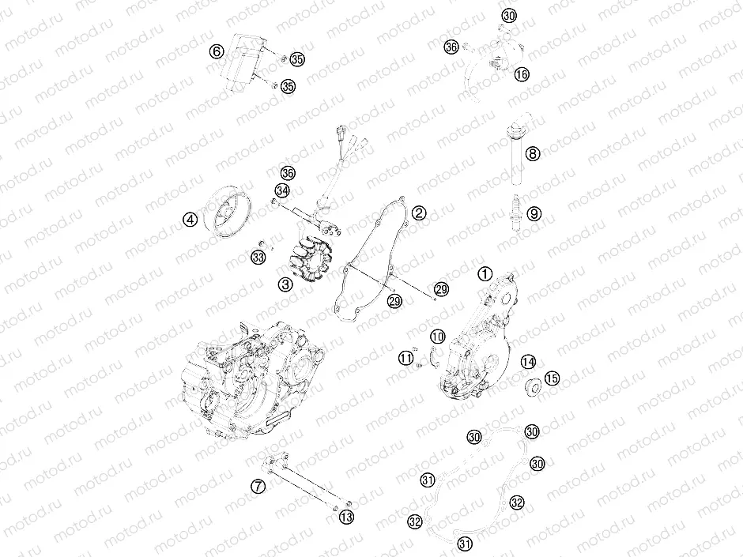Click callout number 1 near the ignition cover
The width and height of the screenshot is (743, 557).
(485, 273)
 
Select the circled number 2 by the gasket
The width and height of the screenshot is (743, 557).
(419, 213)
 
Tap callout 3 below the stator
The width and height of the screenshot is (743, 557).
(285, 282)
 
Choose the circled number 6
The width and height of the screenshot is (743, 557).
(217, 51)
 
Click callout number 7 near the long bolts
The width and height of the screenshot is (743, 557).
(258, 487)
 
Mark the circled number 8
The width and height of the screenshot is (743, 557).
(534, 154)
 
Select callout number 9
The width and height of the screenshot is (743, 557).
(534, 213)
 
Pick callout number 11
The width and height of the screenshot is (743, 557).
(405, 359)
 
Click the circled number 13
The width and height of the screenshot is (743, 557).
(345, 517)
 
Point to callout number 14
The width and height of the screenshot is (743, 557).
(528, 362)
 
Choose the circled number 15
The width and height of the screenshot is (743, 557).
(552, 379)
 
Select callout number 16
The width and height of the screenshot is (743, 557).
(521, 74)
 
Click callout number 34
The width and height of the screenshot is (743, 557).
(282, 190)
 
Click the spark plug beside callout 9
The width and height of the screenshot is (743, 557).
(515, 209)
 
